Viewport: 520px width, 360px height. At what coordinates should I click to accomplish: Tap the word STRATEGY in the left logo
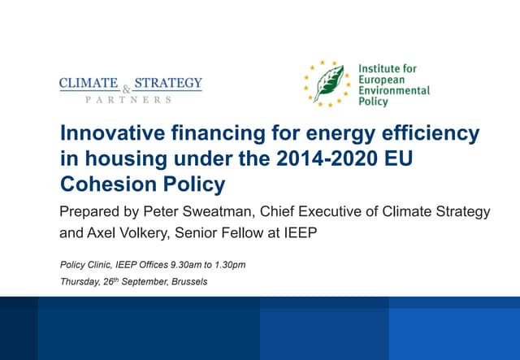click(x=167, y=84)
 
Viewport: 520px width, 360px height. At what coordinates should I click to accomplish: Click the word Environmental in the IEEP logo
click(x=394, y=92)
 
